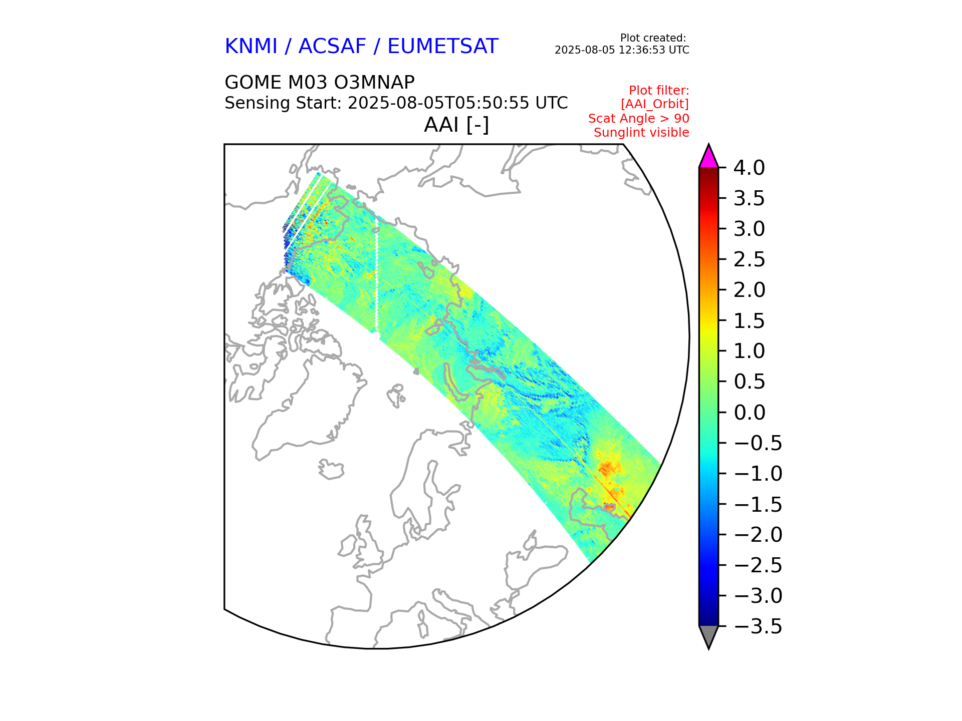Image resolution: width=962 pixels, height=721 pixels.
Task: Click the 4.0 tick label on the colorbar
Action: tap(749, 168)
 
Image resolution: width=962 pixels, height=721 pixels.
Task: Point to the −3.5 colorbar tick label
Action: tap(757, 626)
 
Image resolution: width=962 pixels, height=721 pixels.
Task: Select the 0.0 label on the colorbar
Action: tap(749, 413)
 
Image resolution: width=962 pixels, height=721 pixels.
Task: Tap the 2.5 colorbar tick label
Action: tap(749, 259)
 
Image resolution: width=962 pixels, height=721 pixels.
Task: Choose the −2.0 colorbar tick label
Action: tap(757, 535)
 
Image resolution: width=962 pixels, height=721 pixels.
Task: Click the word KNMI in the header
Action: tap(251, 47)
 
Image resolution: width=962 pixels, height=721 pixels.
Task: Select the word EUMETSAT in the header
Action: tap(442, 47)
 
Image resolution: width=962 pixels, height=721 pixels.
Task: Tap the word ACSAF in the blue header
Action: tap(332, 47)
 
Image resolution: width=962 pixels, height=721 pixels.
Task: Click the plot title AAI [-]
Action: tap(456, 125)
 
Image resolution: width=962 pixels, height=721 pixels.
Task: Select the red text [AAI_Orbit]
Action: tap(654, 104)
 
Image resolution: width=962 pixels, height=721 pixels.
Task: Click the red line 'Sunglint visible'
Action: tap(641, 133)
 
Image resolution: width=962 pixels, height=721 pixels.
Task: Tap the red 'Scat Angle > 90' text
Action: tap(638, 118)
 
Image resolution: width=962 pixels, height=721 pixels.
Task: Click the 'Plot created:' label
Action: tap(653, 38)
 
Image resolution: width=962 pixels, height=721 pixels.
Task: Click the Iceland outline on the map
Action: tap(331, 469)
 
